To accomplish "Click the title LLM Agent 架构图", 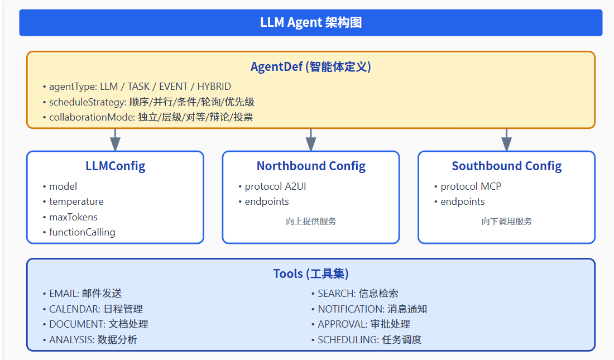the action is (311, 23).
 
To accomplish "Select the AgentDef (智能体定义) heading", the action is (311, 67).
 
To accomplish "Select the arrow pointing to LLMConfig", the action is (115, 140).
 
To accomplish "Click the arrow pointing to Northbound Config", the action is (311, 140).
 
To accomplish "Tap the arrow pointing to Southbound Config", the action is (506, 140).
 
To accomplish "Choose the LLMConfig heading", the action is (115, 166).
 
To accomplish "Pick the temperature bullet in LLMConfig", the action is (76, 201).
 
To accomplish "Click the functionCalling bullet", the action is (82, 232).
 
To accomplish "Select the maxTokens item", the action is (73, 217).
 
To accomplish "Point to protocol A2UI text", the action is (275, 186).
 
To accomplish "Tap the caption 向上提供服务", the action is (311, 221).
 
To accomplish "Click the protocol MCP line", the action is (471, 186).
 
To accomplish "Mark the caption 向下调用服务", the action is (506, 221).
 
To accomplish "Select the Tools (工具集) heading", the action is (311, 273).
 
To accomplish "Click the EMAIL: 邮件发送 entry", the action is (85, 294).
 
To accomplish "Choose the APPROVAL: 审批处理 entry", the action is (364, 324).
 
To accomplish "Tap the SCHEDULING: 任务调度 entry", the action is (370, 339).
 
